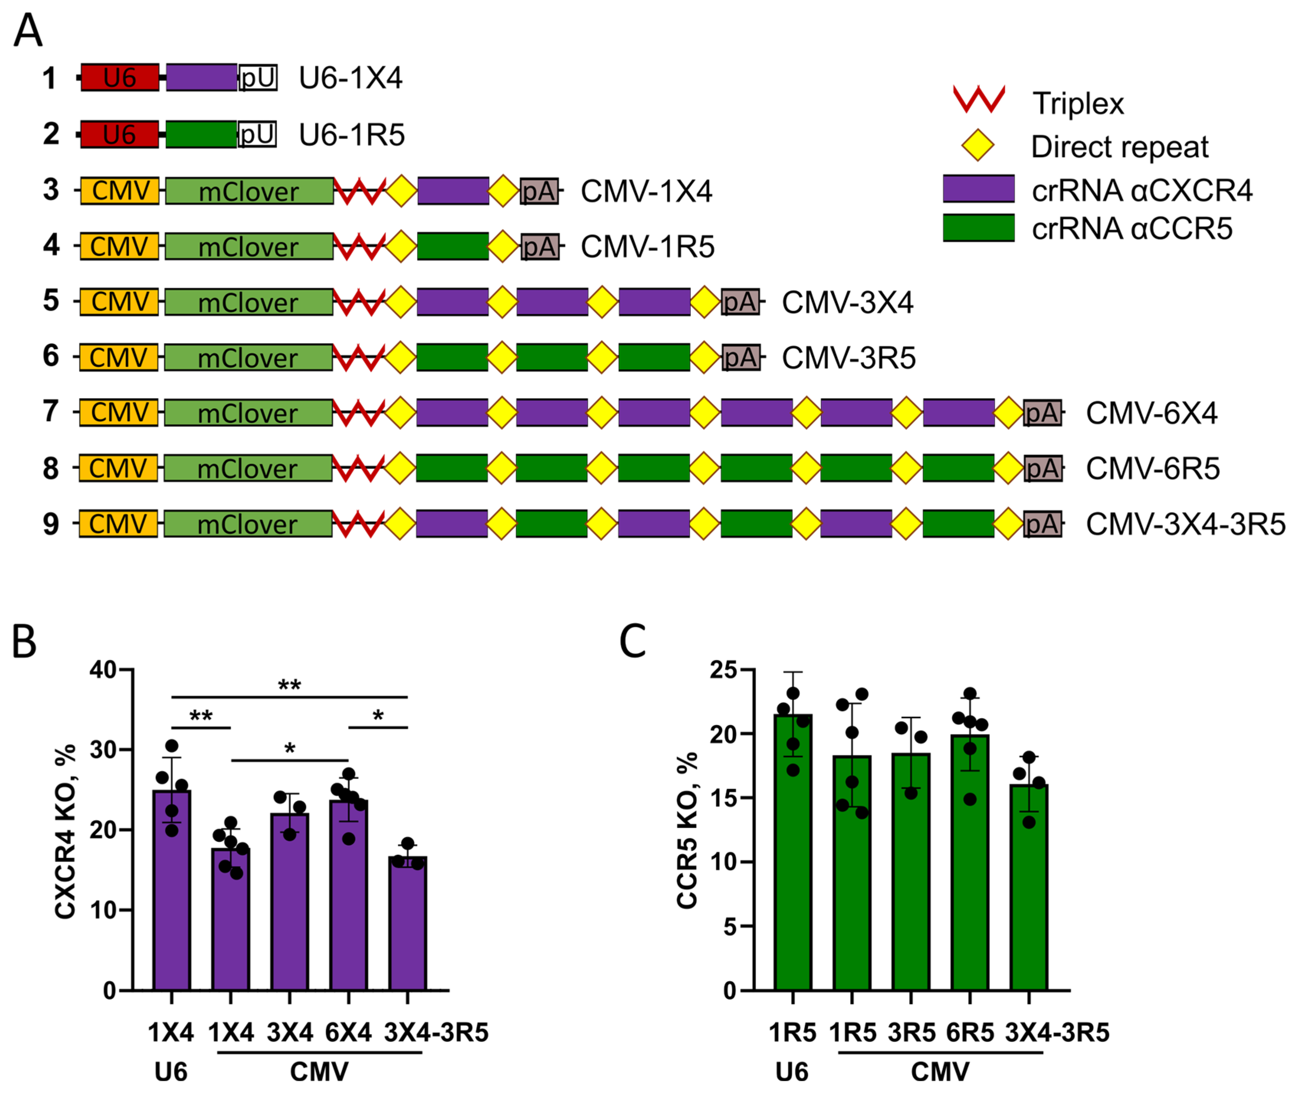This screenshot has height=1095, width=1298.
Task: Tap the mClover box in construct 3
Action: coord(248,191)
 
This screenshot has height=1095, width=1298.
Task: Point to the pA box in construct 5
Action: coord(740,302)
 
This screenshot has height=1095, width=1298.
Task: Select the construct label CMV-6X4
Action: coord(1151,413)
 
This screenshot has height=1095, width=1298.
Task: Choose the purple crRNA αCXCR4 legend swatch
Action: coord(978,189)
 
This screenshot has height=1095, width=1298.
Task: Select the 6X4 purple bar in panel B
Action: coord(348,894)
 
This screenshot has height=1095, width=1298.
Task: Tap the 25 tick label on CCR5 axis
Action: coord(724,670)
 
